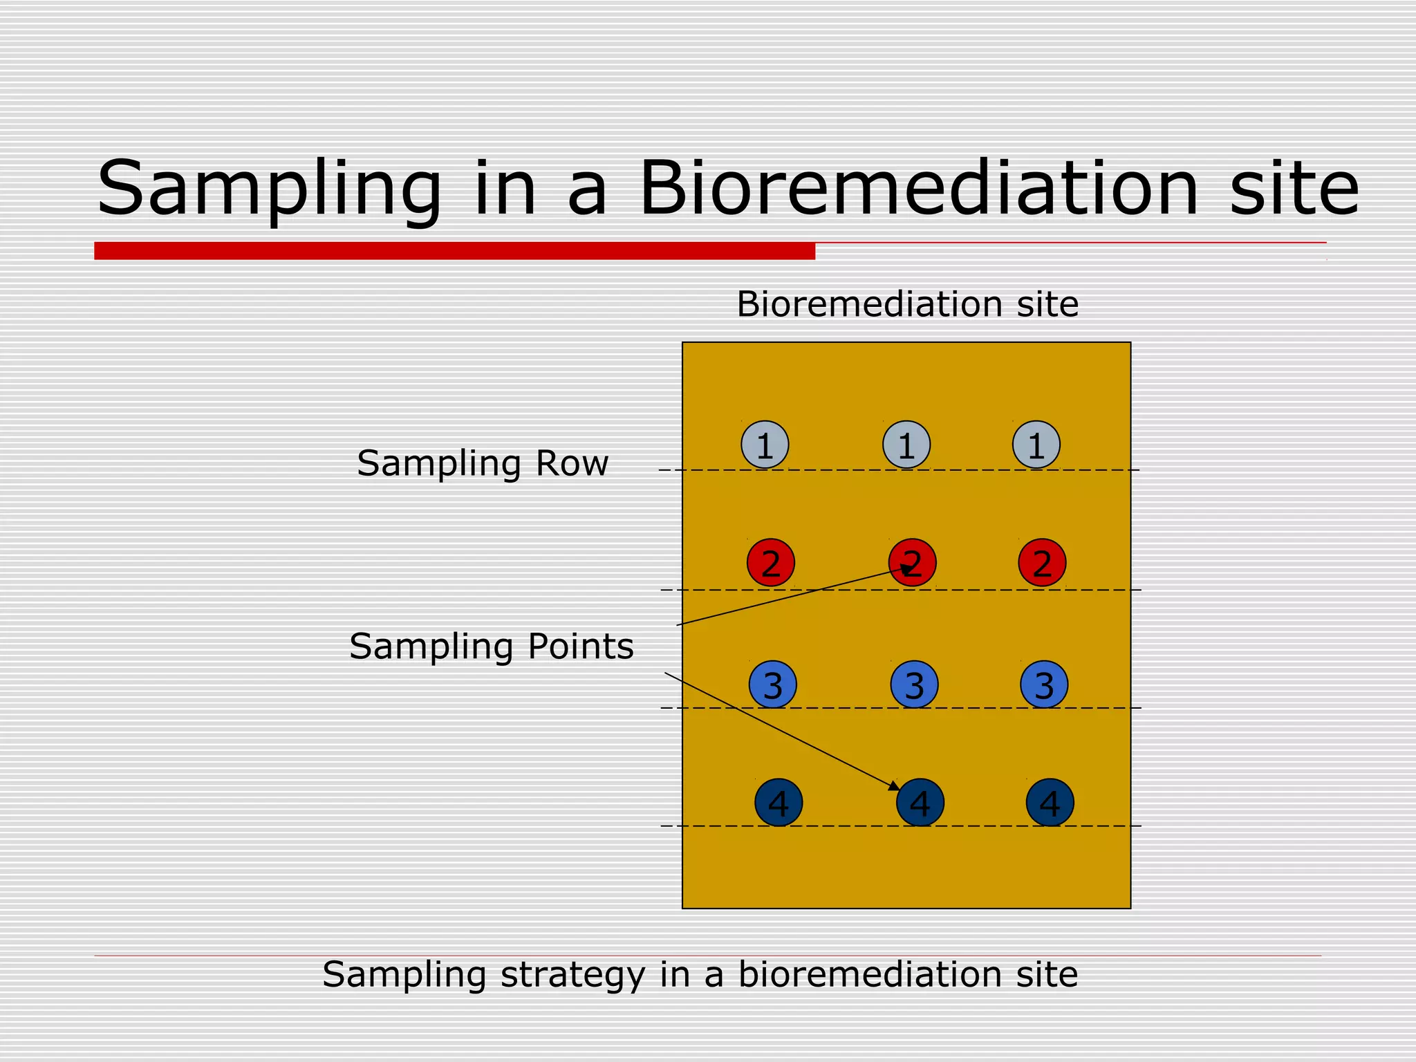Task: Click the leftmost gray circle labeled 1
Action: tap(765, 445)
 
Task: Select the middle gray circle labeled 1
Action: tap(906, 445)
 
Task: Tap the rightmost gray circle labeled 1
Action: tap(1036, 445)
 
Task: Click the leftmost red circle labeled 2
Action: tap(771, 563)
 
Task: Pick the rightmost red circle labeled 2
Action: tap(1042, 563)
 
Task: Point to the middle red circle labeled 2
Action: tap(913, 563)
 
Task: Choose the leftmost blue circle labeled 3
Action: tap(773, 684)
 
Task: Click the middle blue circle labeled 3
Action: tap(914, 684)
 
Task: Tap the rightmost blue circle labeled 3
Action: tap(1044, 684)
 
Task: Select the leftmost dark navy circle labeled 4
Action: tap(779, 803)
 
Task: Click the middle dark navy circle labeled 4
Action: tap(920, 803)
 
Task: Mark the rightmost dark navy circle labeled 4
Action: tap(1050, 803)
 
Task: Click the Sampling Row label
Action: tap(483, 463)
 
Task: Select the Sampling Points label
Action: tap(491, 646)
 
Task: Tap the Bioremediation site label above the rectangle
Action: tap(907, 304)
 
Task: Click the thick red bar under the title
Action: tap(454, 251)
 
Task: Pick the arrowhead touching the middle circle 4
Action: tap(895, 786)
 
